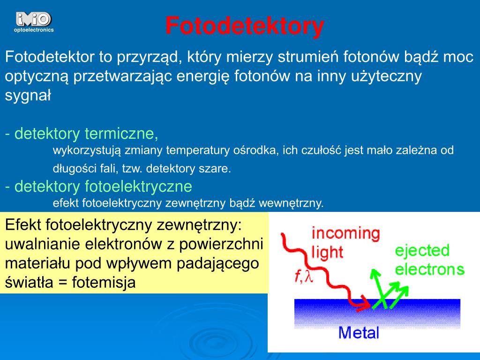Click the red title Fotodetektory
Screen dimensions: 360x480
tap(244, 26)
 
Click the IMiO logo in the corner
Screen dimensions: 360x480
tap(33, 19)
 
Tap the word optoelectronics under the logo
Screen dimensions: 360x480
tap(34, 30)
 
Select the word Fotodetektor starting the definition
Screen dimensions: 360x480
tap(49, 57)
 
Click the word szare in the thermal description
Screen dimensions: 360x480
tap(218, 169)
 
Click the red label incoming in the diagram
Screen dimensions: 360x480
tap(345, 233)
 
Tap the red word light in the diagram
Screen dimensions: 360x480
tap(327, 252)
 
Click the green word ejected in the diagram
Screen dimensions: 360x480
tap(422, 250)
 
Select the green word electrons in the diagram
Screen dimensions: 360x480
tap(429, 269)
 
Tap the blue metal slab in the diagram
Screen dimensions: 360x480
tap(377, 314)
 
